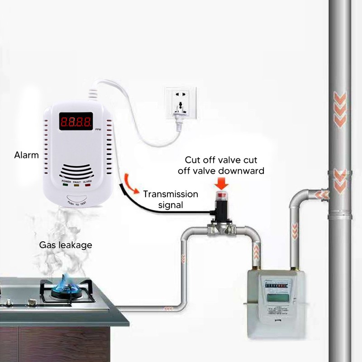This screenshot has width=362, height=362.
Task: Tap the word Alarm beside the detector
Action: click(x=26, y=155)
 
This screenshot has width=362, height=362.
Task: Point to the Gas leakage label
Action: click(x=66, y=245)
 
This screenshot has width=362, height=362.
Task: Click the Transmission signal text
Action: click(x=171, y=199)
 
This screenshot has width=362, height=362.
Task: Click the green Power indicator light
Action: click(x=65, y=185)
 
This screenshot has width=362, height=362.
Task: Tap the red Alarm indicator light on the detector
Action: click(x=87, y=185)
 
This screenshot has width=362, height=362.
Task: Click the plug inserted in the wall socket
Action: click(x=177, y=117)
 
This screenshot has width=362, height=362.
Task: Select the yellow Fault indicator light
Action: click(x=76, y=185)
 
